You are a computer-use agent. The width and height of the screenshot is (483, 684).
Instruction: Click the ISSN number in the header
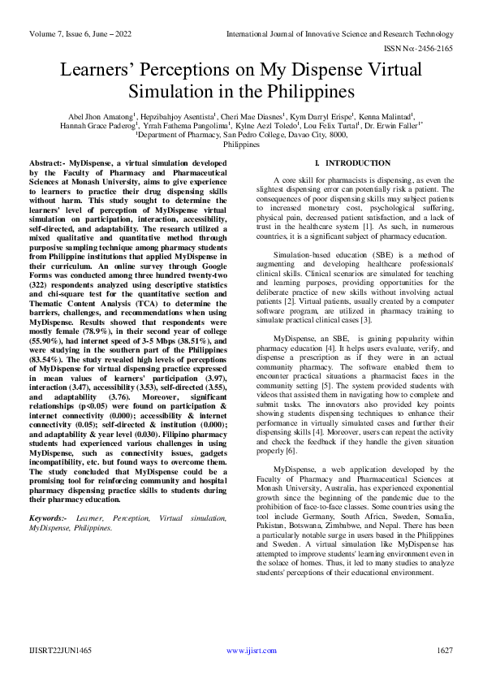coord(423,49)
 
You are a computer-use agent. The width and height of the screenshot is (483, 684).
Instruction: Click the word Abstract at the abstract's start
coord(47,163)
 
